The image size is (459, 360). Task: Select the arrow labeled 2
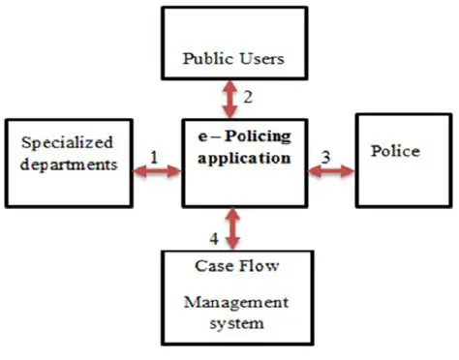pyautogui.click(x=230, y=99)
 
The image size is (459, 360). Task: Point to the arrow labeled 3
pyautogui.click(x=331, y=171)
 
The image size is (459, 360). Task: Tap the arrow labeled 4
pyautogui.click(x=230, y=227)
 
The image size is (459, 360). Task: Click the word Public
pyautogui.click(x=206, y=58)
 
